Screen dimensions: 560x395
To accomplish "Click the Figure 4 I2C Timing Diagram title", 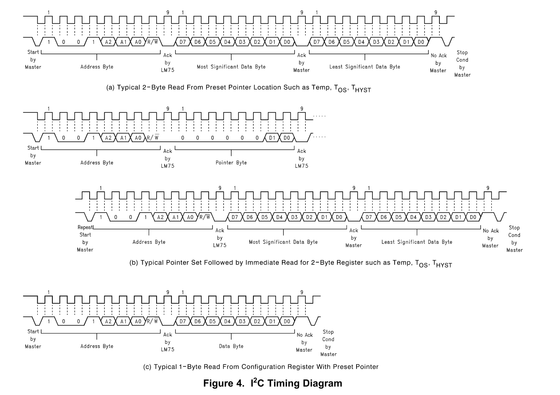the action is tap(272, 383).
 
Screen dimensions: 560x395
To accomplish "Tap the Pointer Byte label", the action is tap(231, 162).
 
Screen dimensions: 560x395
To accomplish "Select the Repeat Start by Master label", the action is tap(85, 238).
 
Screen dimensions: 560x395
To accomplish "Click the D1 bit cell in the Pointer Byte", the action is tap(272, 138).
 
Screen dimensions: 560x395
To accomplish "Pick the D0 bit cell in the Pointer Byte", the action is tap(287, 138).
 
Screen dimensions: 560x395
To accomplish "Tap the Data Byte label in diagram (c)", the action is tap(231, 346).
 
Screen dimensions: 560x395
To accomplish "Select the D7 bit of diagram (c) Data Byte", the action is tap(182, 321).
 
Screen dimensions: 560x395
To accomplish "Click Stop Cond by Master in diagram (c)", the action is tap(328, 343).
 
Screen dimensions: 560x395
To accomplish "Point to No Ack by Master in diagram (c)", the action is tap(304, 342).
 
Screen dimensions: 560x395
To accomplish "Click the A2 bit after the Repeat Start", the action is tap(160, 217).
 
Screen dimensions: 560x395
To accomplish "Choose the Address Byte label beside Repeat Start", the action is tap(149, 242).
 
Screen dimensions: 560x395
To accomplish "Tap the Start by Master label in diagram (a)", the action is tap(33, 60).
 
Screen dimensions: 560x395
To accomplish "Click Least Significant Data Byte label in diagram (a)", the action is tap(364, 67).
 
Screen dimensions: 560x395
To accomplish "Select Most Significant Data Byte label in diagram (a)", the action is tap(231, 67).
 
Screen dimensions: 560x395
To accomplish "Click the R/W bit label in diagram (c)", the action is tap(153, 321).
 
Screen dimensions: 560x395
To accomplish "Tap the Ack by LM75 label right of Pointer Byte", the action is tap(301, 158).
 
